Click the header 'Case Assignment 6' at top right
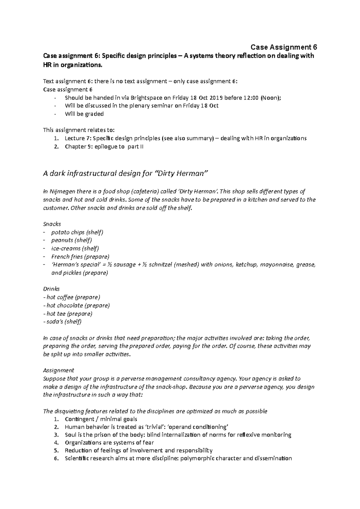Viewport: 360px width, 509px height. click(284, 47)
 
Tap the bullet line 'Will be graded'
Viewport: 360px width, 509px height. click(84, 114)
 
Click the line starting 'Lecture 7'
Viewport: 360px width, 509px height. click(185, 138)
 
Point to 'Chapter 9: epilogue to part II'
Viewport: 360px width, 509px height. click(104, 147)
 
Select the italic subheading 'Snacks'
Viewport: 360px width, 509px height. click(52, 224)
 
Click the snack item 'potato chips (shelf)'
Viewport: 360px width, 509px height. click(77, 232)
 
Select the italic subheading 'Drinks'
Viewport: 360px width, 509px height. click(51, 289)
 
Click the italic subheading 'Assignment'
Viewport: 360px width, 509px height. click(58, 370)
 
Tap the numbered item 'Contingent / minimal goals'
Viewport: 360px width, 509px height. click(101, 419)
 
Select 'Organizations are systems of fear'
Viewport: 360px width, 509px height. click(109, 442)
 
